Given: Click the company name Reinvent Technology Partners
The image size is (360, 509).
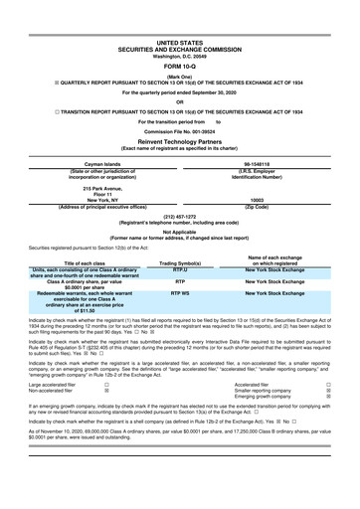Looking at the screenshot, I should pos(179,141).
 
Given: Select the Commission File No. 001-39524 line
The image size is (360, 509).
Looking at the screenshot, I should pos(179,131).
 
